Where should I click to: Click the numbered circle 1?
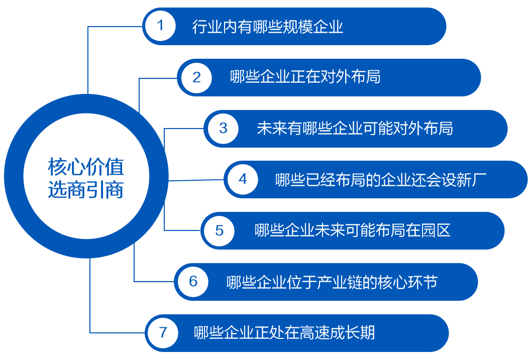click(160, 26)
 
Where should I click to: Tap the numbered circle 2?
click(196, 78)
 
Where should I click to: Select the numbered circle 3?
click(223, 129)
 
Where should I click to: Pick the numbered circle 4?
click(243, 179)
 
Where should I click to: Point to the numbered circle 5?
click(219, 231)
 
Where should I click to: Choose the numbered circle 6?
click(193, 282)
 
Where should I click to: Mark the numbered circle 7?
click(163, 333)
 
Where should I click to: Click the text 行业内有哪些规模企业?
click(268, 27)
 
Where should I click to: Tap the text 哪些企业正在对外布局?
click(305, 77)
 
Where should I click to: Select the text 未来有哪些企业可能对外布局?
click(355, 128)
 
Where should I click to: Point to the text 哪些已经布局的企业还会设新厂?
click(381, 180)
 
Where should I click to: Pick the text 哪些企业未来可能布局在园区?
click(352, 230)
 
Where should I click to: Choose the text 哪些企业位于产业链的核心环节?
click(332, 282)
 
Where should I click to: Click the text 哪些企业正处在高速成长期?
click(284, 332)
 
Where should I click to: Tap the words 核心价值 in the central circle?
click(86, 167)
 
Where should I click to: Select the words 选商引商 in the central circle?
click(86, 189)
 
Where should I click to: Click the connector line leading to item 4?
click(196, 180)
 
